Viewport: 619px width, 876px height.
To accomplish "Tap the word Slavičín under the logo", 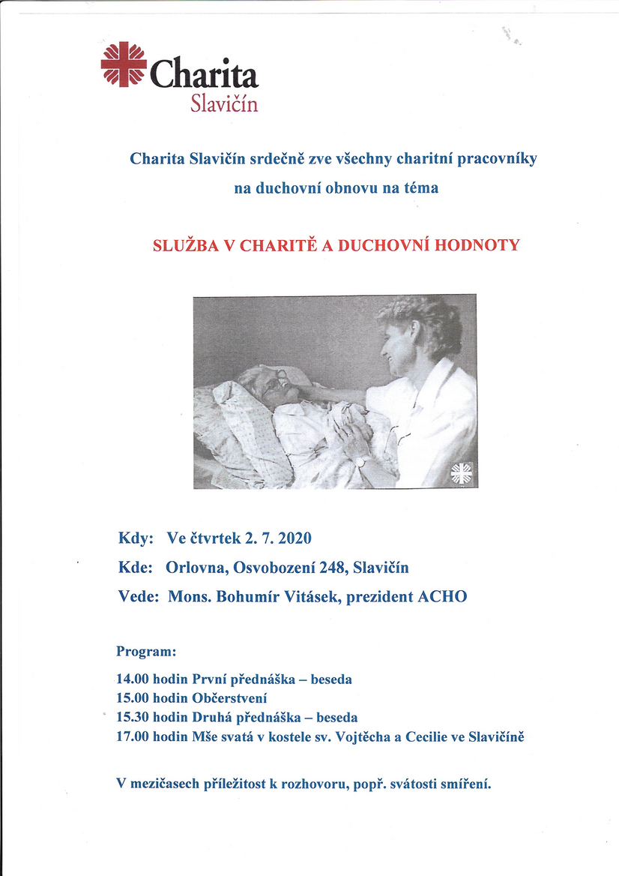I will (x=225, y=103).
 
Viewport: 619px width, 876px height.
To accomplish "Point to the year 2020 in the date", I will (x=294, y=538).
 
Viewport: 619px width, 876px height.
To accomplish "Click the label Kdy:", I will (x=136, y=538).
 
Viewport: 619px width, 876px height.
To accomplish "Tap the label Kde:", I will (x=136, y=568).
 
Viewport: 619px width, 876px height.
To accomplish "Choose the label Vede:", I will (x=139, y=597).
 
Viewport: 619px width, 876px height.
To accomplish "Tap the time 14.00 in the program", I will (x=133, y=679).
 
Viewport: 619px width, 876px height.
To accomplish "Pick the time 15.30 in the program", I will (x=133, y=717).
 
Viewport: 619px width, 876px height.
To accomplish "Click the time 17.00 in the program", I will (x=133, y=736).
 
